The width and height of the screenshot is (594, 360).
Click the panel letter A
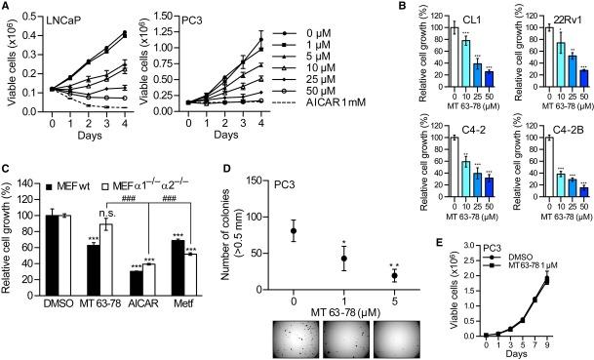[6, 7]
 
